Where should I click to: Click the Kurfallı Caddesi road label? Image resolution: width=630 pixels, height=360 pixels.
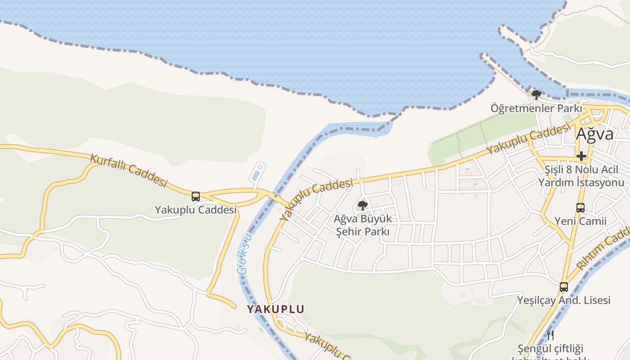(129, 171)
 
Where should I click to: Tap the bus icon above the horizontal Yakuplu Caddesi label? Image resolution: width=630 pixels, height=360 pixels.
(196, 197)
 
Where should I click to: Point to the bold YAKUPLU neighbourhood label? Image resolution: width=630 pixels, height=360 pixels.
(275, 309)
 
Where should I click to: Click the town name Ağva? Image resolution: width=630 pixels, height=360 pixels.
(595, 134)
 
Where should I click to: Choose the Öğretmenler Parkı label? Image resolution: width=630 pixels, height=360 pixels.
(536, 108)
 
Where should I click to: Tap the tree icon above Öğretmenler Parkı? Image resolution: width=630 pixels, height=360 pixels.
(536, 94)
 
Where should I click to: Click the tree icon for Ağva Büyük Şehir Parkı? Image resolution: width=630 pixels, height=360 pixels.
(362, 206)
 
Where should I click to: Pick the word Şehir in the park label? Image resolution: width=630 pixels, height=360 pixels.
(351, 232)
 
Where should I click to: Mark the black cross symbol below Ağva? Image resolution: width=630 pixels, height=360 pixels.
(581, 156)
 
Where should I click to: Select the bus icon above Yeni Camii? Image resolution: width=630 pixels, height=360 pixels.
(580, 208)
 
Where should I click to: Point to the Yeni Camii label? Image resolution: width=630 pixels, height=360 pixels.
(580, 221)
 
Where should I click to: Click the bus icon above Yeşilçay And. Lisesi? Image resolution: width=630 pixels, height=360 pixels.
(563, 287)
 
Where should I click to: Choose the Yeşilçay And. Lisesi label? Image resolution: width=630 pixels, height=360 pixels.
(563, 300)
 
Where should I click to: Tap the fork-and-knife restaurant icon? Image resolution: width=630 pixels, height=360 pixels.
(550, 335)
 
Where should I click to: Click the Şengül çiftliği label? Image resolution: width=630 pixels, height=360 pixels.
(550, 349)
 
